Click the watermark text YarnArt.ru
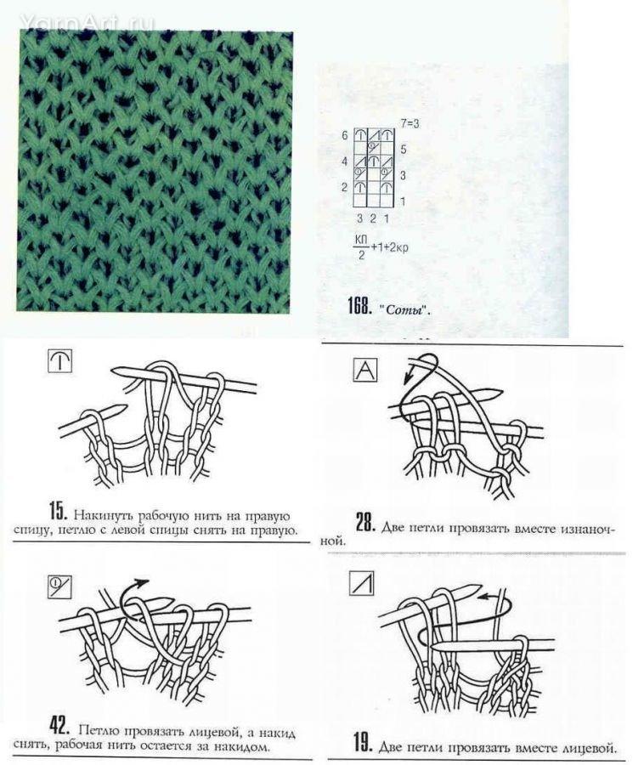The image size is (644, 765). (88, 22)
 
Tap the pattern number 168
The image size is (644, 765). (359, 306)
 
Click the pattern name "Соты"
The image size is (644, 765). (404, 309)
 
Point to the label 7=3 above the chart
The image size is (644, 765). (410, 124)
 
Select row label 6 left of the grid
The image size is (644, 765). (345, 135)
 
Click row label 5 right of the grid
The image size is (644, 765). (404, 149)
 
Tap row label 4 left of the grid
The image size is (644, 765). (345, 161)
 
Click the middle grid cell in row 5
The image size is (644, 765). (373, 148)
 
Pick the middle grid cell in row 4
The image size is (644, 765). (373, 161)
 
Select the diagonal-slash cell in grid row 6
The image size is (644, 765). (373, 135)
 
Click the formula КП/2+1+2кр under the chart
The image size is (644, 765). (381, 247)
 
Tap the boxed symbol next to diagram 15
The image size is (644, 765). (60, 361)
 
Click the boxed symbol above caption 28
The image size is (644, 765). (364, 370)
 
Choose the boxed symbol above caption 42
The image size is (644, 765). (59, 586)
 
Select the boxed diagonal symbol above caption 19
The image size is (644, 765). (362, 583)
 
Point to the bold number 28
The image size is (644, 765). (364, 523)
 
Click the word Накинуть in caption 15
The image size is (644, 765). (104, 515)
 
